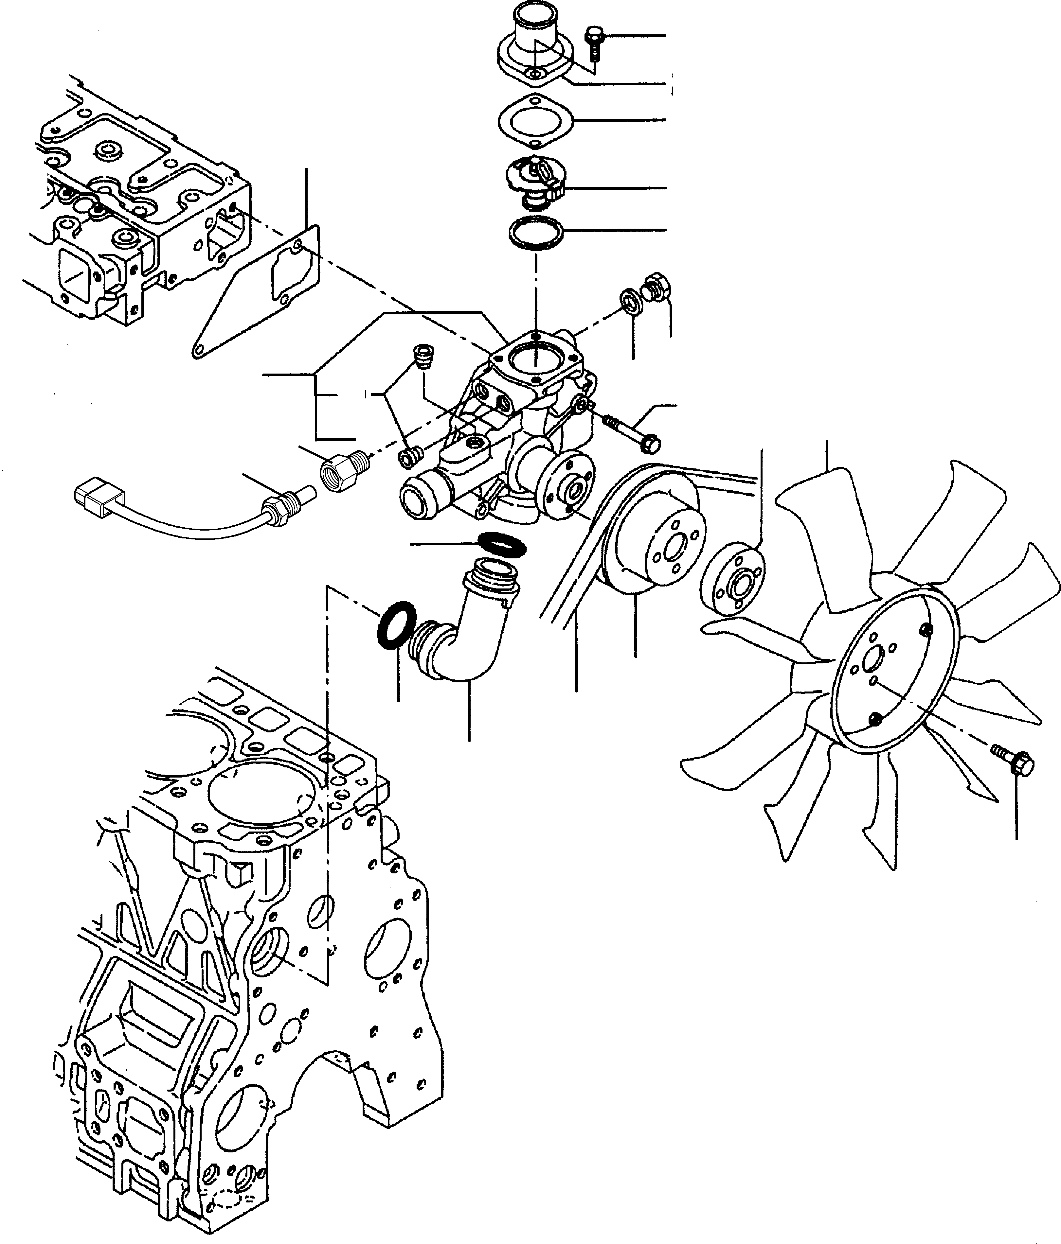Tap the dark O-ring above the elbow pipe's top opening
pos(503,543)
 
